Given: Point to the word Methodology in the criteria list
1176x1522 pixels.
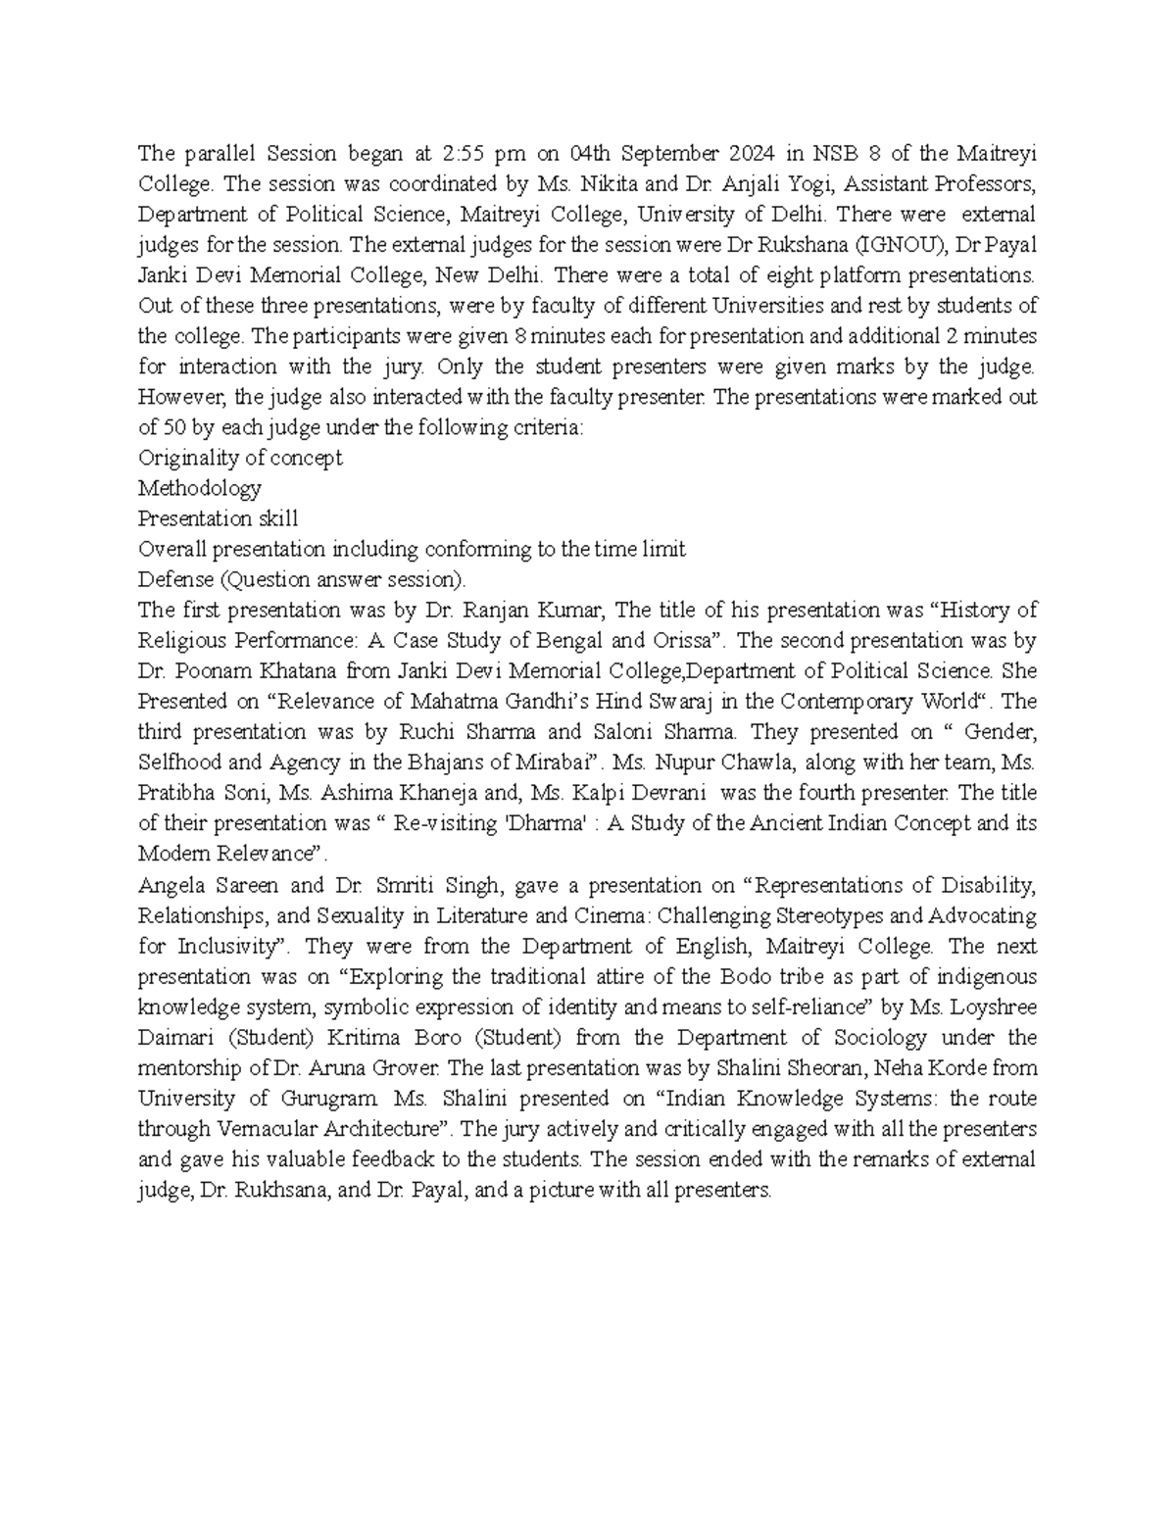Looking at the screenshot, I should point(200,488).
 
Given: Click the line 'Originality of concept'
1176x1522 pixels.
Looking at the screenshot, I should point(240,458).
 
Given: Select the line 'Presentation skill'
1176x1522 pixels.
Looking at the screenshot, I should point(218,518).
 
